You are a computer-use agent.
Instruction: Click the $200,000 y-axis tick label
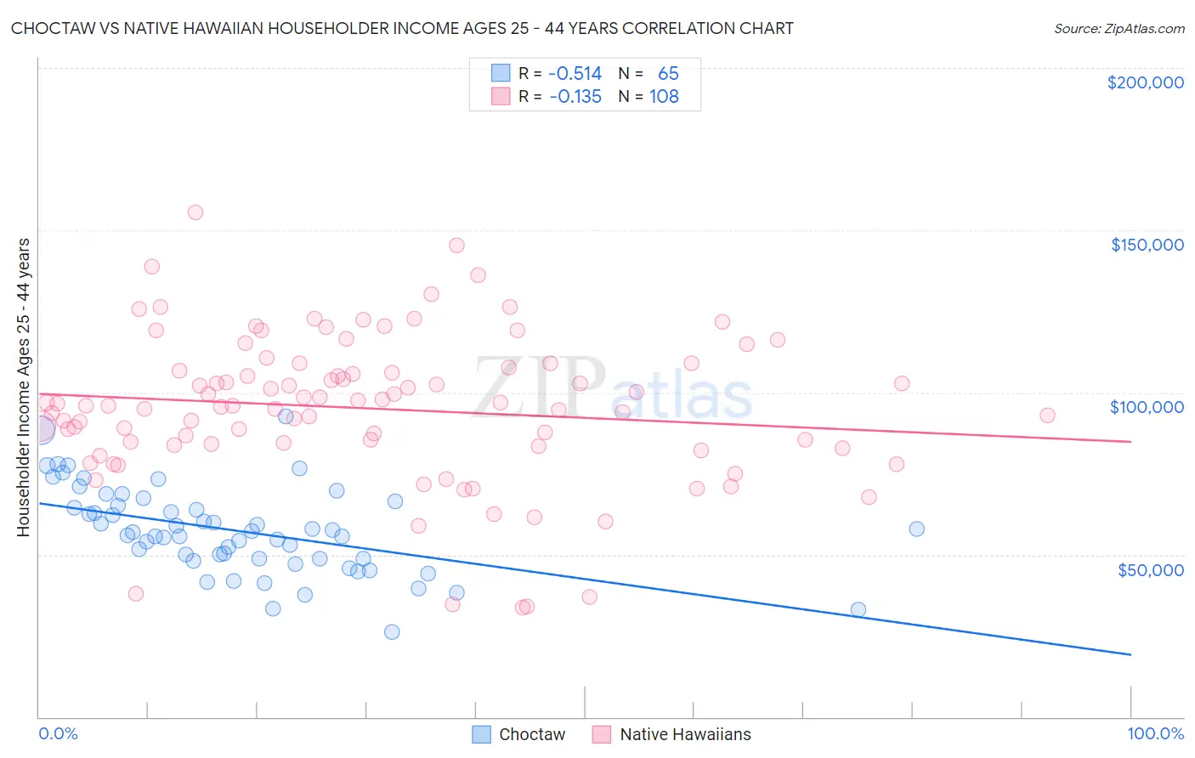point(1145,82)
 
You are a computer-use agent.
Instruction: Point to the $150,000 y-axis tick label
point(1147,245)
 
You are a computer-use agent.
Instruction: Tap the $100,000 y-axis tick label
point(1147,407)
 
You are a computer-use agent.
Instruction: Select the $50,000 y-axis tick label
point(1150,570)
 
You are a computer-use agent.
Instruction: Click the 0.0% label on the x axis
point(58,733)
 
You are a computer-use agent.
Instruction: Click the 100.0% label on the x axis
point(1155,733)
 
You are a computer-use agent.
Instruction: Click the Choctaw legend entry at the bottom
point(519,734)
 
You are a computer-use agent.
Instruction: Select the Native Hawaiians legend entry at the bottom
point(672,734)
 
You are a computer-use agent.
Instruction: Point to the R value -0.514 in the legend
point(575,74)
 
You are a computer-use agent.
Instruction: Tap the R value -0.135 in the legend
point(575,97)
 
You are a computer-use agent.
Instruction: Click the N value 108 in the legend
point(664,97)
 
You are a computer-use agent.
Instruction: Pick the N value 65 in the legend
point(668,74)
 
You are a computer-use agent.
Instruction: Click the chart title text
point(402,28)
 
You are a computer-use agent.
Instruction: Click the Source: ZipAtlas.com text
point(1119,28)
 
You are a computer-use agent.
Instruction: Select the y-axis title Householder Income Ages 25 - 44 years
point(24,387)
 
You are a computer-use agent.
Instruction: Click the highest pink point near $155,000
point(195,212)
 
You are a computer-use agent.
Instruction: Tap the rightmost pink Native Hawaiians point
point(1047,416)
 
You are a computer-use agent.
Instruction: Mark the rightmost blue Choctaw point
point(916,529)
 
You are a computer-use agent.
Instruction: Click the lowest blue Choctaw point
point(392,631)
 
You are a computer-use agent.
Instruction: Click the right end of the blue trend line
point(1130,654)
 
